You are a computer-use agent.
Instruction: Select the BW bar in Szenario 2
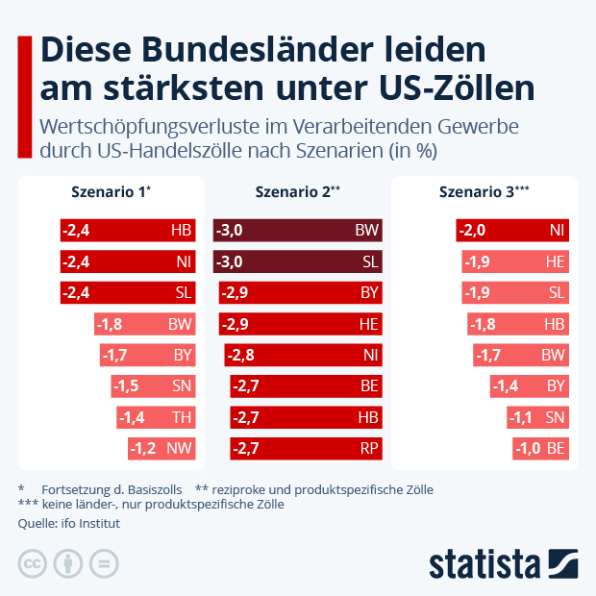[298, 231]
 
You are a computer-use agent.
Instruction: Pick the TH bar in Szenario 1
[156, 417]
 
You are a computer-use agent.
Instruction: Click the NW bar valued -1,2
[161, 448]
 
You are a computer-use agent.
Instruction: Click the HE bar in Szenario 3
[513, 261]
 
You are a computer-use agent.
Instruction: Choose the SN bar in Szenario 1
[153, 386]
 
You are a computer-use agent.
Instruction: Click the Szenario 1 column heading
[111, 192]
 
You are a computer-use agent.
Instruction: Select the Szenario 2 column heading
[297, 192]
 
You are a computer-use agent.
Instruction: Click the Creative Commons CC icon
[33, 564]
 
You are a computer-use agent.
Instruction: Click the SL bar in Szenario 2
[298, 261]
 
